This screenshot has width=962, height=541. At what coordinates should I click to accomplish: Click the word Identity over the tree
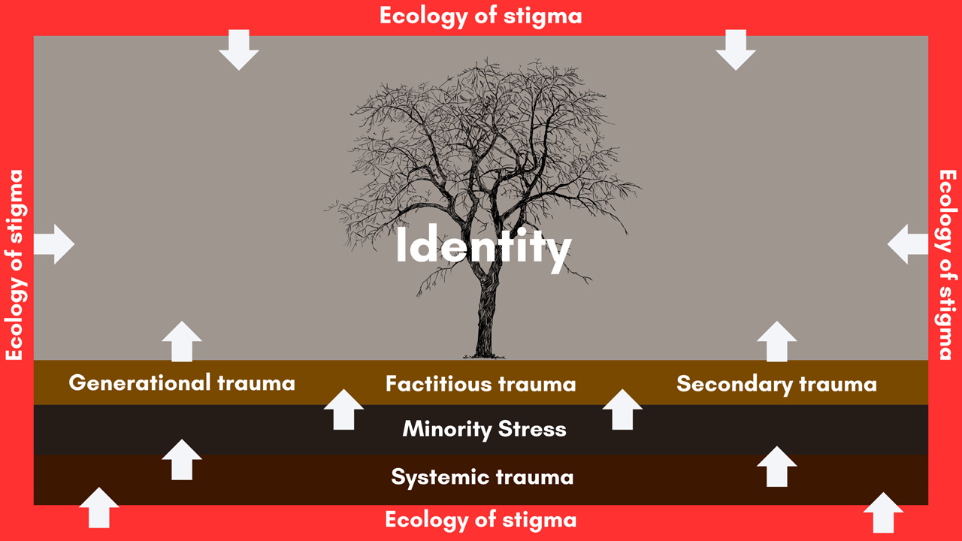pos(483,247)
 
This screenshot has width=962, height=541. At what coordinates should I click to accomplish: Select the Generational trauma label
pos(182,383)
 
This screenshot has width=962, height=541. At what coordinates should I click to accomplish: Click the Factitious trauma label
pos(481,384)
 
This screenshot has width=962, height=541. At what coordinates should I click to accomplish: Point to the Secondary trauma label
pos(776,384)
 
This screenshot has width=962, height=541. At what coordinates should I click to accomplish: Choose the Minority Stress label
pos(484,429)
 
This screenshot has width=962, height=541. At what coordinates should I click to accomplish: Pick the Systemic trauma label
pos(482,476)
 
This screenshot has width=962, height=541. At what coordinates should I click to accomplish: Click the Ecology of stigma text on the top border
pos(480,16)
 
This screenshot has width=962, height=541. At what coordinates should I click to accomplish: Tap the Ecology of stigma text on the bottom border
pos(481,520)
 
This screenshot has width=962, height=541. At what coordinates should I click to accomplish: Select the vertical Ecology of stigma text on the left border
pos(16,265)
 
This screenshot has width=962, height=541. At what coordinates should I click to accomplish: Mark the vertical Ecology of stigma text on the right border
pos(947,265)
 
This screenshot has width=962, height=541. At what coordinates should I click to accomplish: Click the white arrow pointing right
pos(54,244)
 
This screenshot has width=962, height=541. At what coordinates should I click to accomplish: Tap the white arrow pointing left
pos(907,244)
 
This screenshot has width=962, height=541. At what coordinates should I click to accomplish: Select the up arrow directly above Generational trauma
pos(182,341)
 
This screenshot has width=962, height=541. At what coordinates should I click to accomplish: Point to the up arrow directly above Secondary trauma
pos(776,341)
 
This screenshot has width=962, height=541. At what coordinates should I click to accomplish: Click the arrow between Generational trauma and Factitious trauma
pos(343,410)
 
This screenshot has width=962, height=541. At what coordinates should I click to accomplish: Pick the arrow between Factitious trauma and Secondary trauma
pos(622,410)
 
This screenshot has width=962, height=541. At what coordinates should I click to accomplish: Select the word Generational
pos(140,383)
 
